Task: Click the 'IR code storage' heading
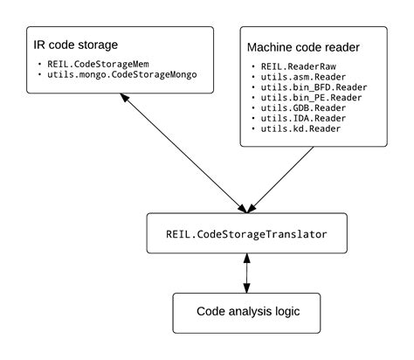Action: tap(75, 45)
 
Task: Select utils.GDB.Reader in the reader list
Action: tap(301, 108)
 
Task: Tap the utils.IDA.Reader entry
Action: tap(301, 119)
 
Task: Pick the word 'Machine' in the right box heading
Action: tap(273, 46)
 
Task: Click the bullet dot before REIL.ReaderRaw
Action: tap(253, 66)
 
